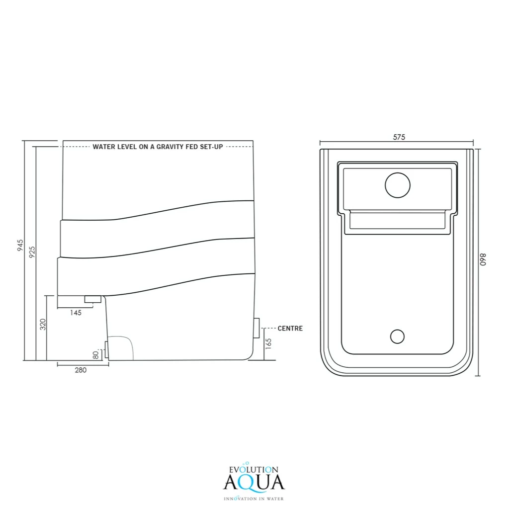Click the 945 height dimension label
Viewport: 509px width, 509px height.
[20, 246]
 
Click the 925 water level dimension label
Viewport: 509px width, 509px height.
[32, 252]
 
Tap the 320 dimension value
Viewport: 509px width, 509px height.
[43, 324]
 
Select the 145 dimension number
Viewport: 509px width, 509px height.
[76, 313]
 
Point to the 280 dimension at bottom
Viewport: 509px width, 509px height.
[81, 370]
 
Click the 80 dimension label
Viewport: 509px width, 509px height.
[95, 355]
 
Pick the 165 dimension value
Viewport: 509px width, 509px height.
[268, 344]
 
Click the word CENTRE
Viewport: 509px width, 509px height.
[290, 329]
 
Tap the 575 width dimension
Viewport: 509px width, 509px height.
[399, 137]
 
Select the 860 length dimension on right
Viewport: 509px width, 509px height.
[483, 259]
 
